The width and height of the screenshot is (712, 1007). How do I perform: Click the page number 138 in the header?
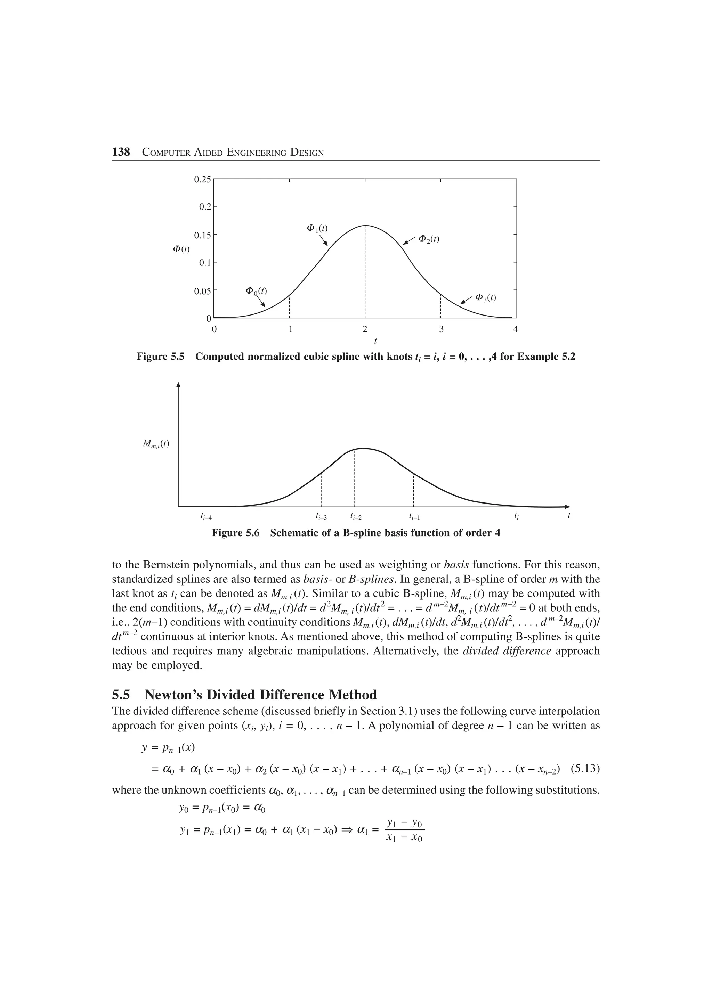point(121,152)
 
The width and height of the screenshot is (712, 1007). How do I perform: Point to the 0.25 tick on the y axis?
point(202,179)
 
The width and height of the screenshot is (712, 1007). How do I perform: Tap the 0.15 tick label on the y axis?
point(202,235)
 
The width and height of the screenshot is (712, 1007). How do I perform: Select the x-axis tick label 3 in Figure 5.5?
point(441,329)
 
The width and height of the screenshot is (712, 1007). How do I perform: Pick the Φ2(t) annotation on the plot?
point(429,239)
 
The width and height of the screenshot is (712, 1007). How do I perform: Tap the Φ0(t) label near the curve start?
point(256,291)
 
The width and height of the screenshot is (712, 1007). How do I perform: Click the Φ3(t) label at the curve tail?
point(486,297)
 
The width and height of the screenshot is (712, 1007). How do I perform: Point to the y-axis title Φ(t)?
point(181,249)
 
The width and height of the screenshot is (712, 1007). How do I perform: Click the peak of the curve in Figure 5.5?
point(365,226)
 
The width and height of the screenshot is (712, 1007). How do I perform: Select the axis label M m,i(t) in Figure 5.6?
point(156,444)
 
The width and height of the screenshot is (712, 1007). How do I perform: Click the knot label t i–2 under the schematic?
point(356,517)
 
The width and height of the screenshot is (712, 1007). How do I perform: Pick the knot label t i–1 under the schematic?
point(414,517)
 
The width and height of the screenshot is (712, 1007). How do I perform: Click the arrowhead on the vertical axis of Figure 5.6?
point(179,385)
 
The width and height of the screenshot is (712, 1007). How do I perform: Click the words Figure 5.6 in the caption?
point(236,533)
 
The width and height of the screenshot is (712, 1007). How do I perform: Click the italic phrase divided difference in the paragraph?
point(507,651)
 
